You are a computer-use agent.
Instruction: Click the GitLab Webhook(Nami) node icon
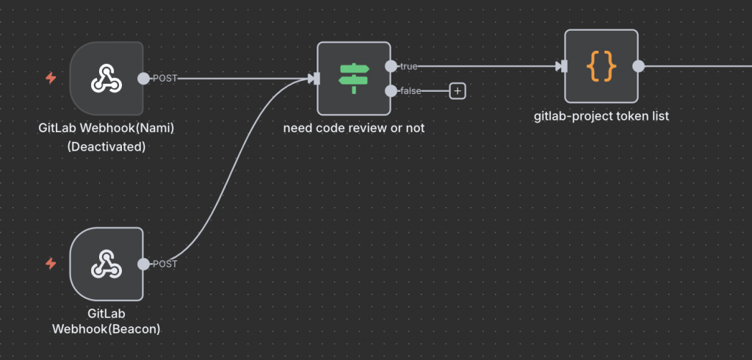tap(106, 79)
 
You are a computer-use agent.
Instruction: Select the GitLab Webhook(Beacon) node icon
tap(106, 264)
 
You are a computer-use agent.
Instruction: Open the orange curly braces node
tap(601, 66)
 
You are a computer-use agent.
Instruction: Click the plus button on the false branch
tap(458, 91)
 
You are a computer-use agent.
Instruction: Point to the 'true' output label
tap(408, 66)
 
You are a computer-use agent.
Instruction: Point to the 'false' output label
tap(410, 91)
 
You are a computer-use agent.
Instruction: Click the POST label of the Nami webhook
tap(164, 79)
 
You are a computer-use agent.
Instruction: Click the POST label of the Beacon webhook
tap(164, 264)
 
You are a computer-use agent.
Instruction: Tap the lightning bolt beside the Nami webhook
tap(51, 78)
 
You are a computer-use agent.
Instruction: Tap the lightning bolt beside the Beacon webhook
tap(51, 263)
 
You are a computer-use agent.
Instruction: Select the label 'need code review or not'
tap(353, 128)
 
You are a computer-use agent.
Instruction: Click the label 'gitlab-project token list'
tap(601, 115)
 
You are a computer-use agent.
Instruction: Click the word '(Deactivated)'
tap(106, 146)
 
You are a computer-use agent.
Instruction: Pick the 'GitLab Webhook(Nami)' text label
tap(106, 128)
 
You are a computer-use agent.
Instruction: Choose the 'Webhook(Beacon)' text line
tap(106, 329)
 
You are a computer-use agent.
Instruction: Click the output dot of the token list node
tap(638, 66)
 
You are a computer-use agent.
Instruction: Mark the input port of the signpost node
tap(314, 79)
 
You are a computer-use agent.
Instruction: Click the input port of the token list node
tap(561, 66)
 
